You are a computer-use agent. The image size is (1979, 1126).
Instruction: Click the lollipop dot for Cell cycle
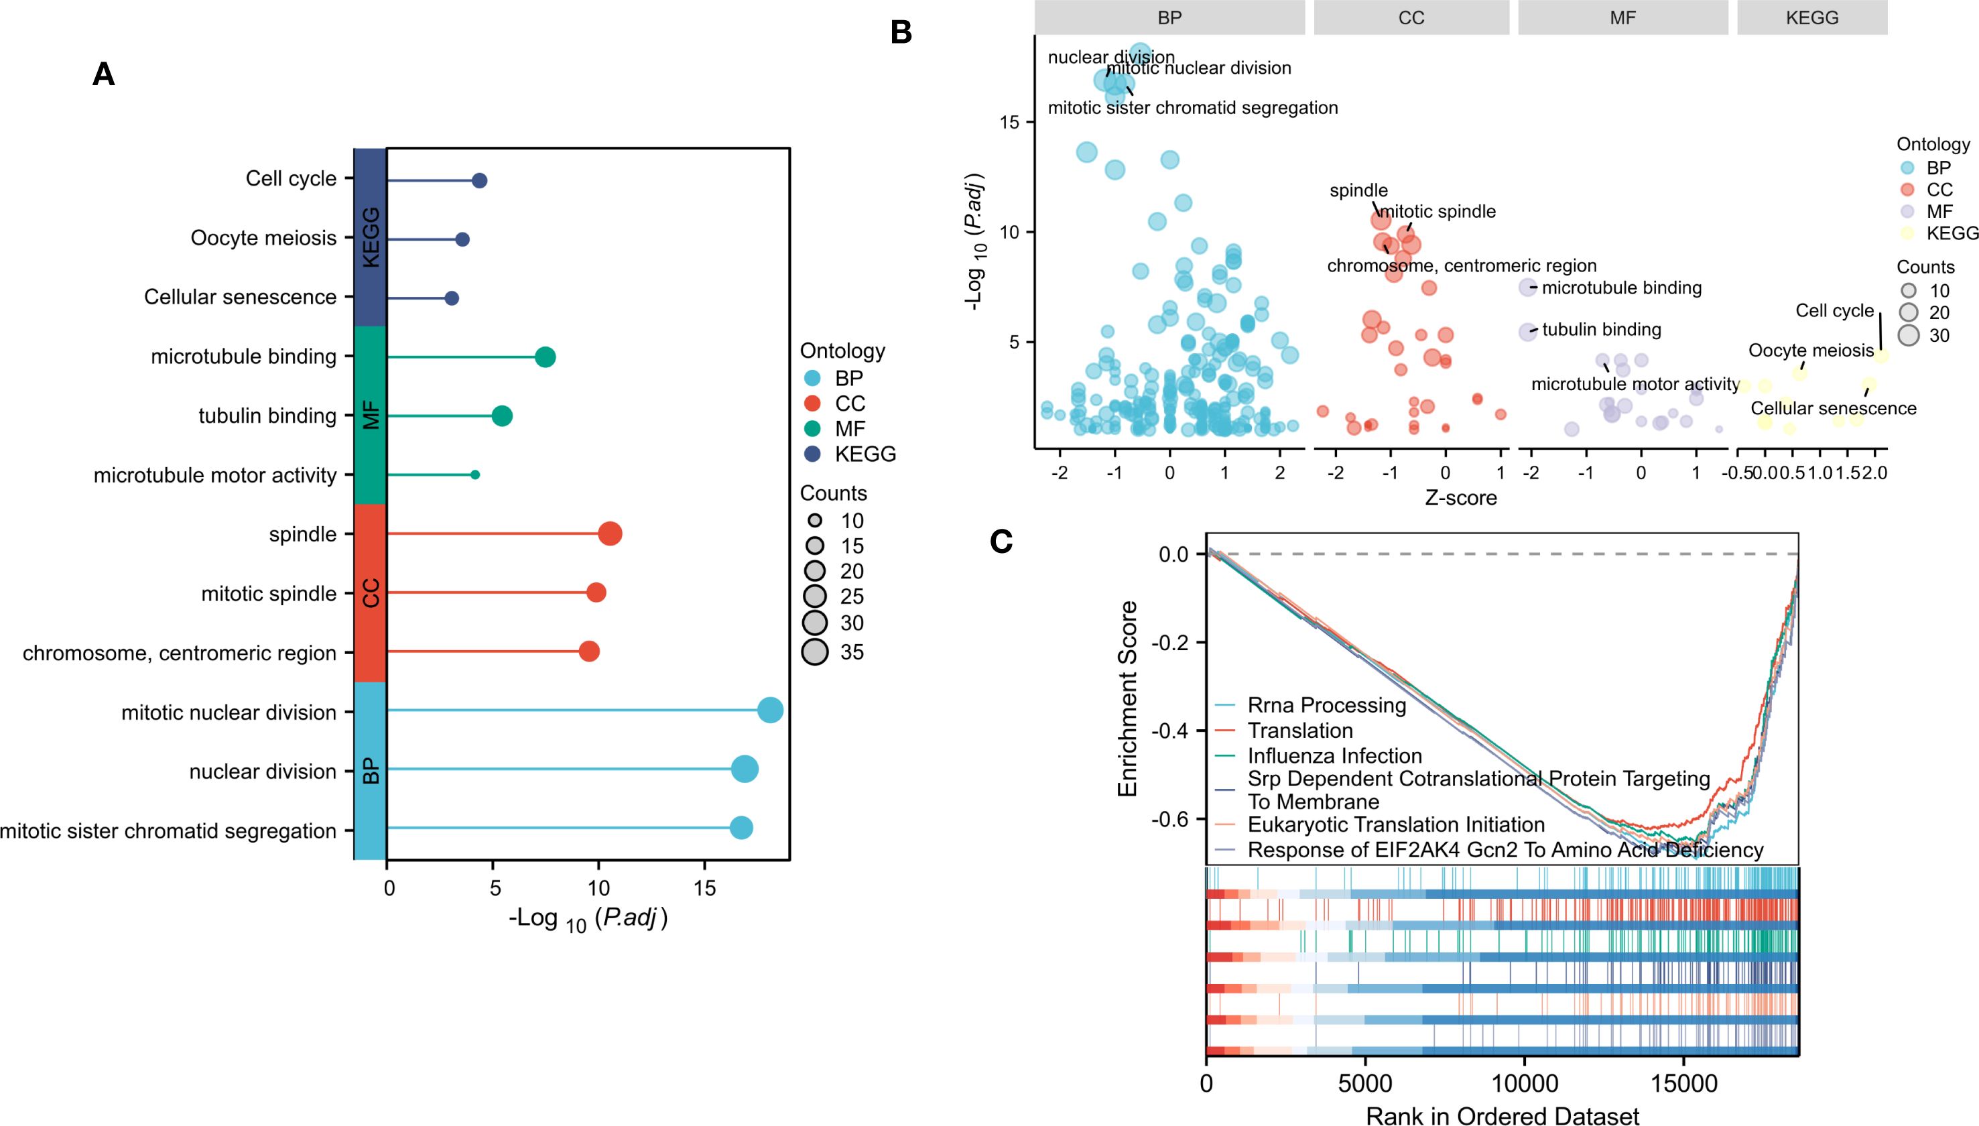coord(479,181)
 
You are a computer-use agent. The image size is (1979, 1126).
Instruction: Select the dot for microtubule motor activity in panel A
coord(474,475)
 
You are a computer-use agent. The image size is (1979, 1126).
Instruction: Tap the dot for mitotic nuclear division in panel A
coord(770,710)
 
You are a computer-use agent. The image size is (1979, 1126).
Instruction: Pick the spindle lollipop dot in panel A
coord(610,534)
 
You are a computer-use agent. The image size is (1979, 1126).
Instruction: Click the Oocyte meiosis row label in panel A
coord(263,238)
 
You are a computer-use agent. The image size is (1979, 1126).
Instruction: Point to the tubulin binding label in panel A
coord(267,416)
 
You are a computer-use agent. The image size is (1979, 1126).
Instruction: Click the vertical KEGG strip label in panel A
coord(371,237)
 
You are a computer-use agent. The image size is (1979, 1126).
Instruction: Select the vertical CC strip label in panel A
coord(371,593)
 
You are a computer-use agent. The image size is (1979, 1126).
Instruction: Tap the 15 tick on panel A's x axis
coord(704,888)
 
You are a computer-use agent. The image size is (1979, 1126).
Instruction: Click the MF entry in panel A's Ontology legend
coord(850,429)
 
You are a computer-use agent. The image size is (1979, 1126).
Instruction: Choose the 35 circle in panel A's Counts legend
coord(815,652)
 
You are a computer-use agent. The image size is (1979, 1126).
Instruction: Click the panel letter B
coord(901,32)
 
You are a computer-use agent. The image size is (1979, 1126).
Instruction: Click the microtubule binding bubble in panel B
coord(1527,288)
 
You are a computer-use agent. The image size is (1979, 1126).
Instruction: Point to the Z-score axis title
coord(1460,498)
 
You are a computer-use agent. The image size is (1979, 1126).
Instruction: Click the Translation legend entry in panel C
coord(1300,731)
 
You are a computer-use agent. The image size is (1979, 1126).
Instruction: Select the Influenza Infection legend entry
coord(1334,755)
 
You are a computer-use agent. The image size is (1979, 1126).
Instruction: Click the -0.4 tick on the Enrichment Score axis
coord(1171,731)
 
